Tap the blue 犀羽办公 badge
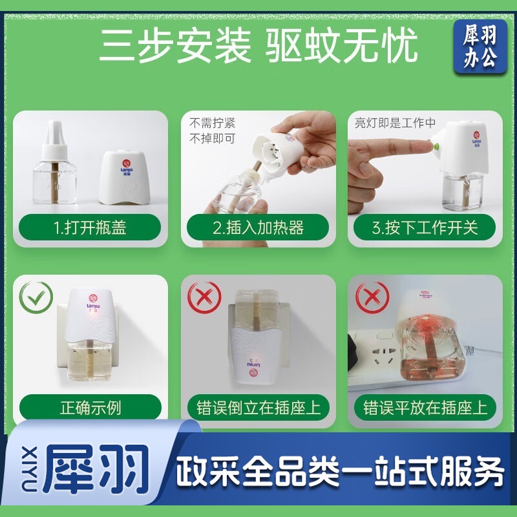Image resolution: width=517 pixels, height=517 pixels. pyautogui.click(x=480, y=46)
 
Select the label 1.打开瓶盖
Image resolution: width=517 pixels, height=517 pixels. pyautogui.click(x=90, y=227)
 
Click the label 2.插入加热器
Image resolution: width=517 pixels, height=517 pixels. pyautogui.click(x=258, y=227)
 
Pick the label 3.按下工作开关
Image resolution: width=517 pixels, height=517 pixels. pyautogui.click(x=425, y=227)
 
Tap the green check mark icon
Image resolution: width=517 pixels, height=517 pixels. pyautogui.click(x=36, y=297)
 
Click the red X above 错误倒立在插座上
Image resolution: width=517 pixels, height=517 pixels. pyautogui.click(x=204, y=297)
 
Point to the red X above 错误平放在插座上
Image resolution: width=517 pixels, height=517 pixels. pyautogui.click(x=372, y=297)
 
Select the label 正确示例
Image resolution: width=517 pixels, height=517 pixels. pyautogui.click(x=90, y=408)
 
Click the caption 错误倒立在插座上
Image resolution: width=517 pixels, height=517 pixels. pyautogui.click(x=258, y=408)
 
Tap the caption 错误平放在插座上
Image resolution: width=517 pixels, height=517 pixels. pyautogui.click(x=425, y=408)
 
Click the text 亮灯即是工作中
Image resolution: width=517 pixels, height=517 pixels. pyautogui.click(x=395, y=123)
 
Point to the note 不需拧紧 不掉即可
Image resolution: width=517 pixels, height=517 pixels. pyautogui.click(x=213, y=131)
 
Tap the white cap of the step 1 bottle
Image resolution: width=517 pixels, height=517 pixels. pyautogui.click(x=55, y=138)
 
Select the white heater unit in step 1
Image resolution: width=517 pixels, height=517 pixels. pyautogui.click(x=125, y=176)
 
